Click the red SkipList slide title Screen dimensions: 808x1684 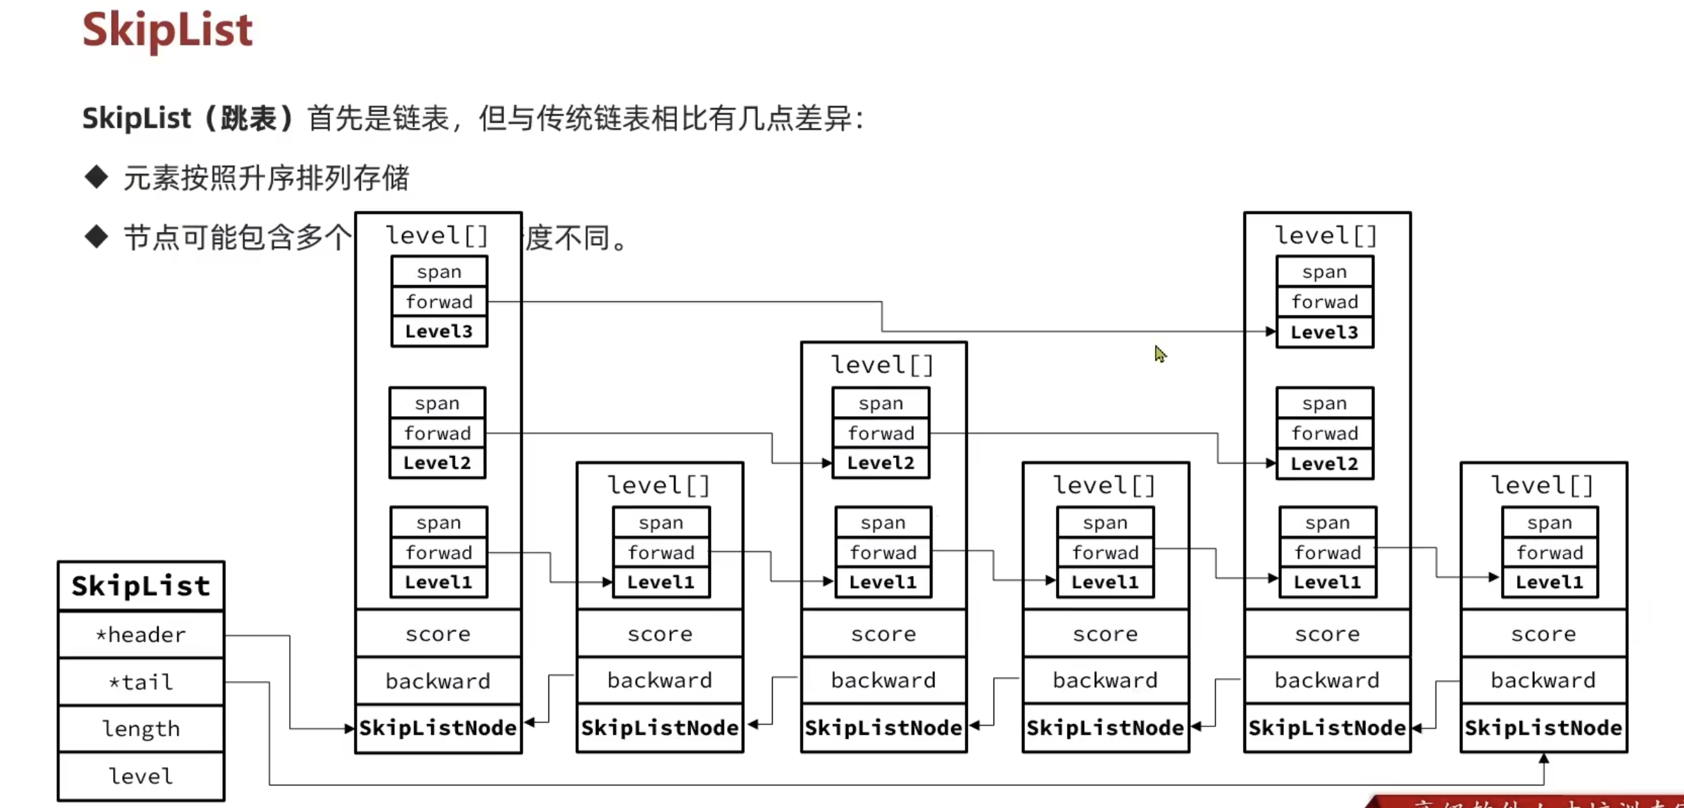coord(168,30)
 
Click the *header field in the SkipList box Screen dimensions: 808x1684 coord(141,634)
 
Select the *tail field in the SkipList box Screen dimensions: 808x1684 coord(141,682)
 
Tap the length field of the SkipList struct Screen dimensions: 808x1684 coord(141,728)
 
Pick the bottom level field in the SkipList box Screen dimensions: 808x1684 coord(141,776)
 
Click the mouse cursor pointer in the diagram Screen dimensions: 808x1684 coord(1160,354)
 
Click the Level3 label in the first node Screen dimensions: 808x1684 coord(439,331)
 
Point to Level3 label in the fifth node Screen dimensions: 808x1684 coord(1324,332)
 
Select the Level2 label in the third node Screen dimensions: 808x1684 coord(881,463)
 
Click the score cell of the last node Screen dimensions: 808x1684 coord(1543,633)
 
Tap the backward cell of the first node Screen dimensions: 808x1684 coord(438,681)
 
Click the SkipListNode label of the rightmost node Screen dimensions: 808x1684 coord(1543,728)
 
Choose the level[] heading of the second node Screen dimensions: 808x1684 coord(659,485)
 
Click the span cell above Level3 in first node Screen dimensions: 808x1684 coord(439,271)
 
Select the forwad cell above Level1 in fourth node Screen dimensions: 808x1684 coord(1105,552)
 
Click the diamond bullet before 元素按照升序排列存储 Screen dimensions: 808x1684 coord(96,177)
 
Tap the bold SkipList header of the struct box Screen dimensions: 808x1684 coord(141,586)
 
